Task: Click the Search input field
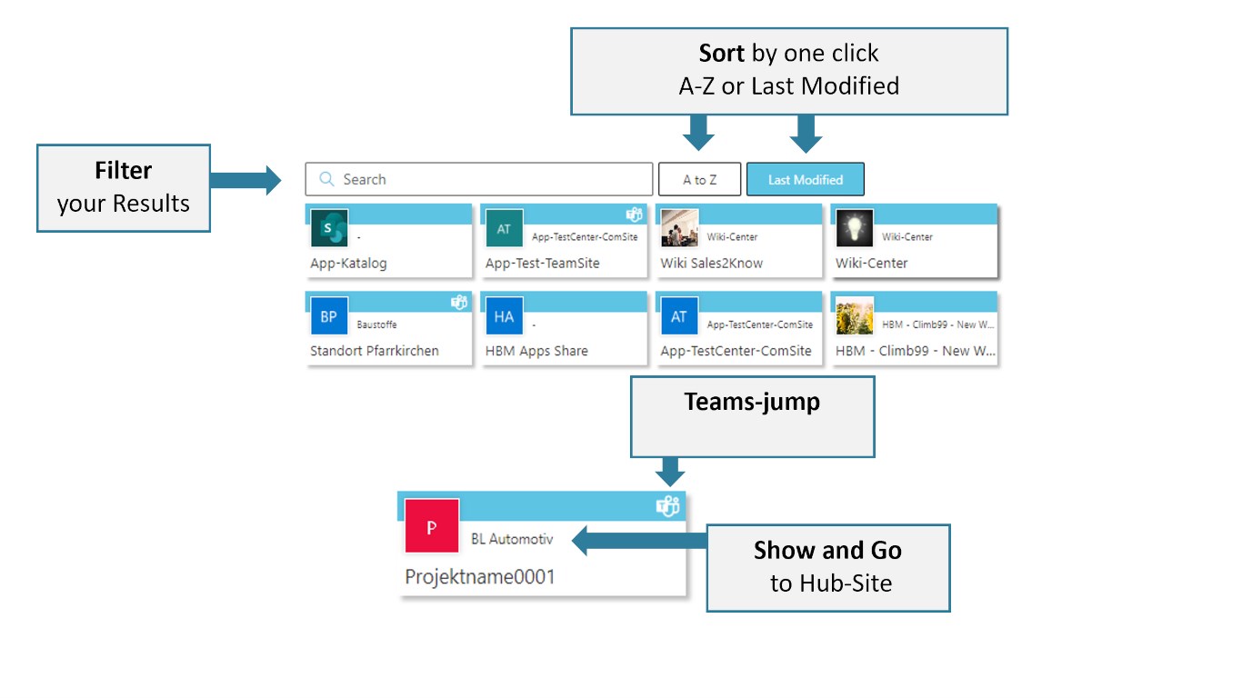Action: click(x=491, y=179)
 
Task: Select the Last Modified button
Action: click(x=805, y=179)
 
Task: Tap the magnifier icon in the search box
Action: click(x=326, y=179)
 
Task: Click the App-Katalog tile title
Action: click(x=348, y=263)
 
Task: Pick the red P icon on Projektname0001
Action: click(x=432, y=526)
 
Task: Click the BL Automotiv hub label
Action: click(x=512, y=539)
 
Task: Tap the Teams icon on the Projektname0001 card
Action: click(x=668, y=506)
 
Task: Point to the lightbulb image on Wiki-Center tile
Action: click(x=854, y=228)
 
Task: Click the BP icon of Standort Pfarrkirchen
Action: click(x=327, y=317)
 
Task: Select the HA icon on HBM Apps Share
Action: click(x=503, y=317)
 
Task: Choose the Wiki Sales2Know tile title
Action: click(x=711, y=263)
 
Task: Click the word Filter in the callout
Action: click(x=124, y=171)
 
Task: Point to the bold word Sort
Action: click(x=722, y=53)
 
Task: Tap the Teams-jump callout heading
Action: click(x=752, y=402)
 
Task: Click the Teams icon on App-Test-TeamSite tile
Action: click(x=635, y=214)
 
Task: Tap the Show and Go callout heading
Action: click(x=827, y=550)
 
